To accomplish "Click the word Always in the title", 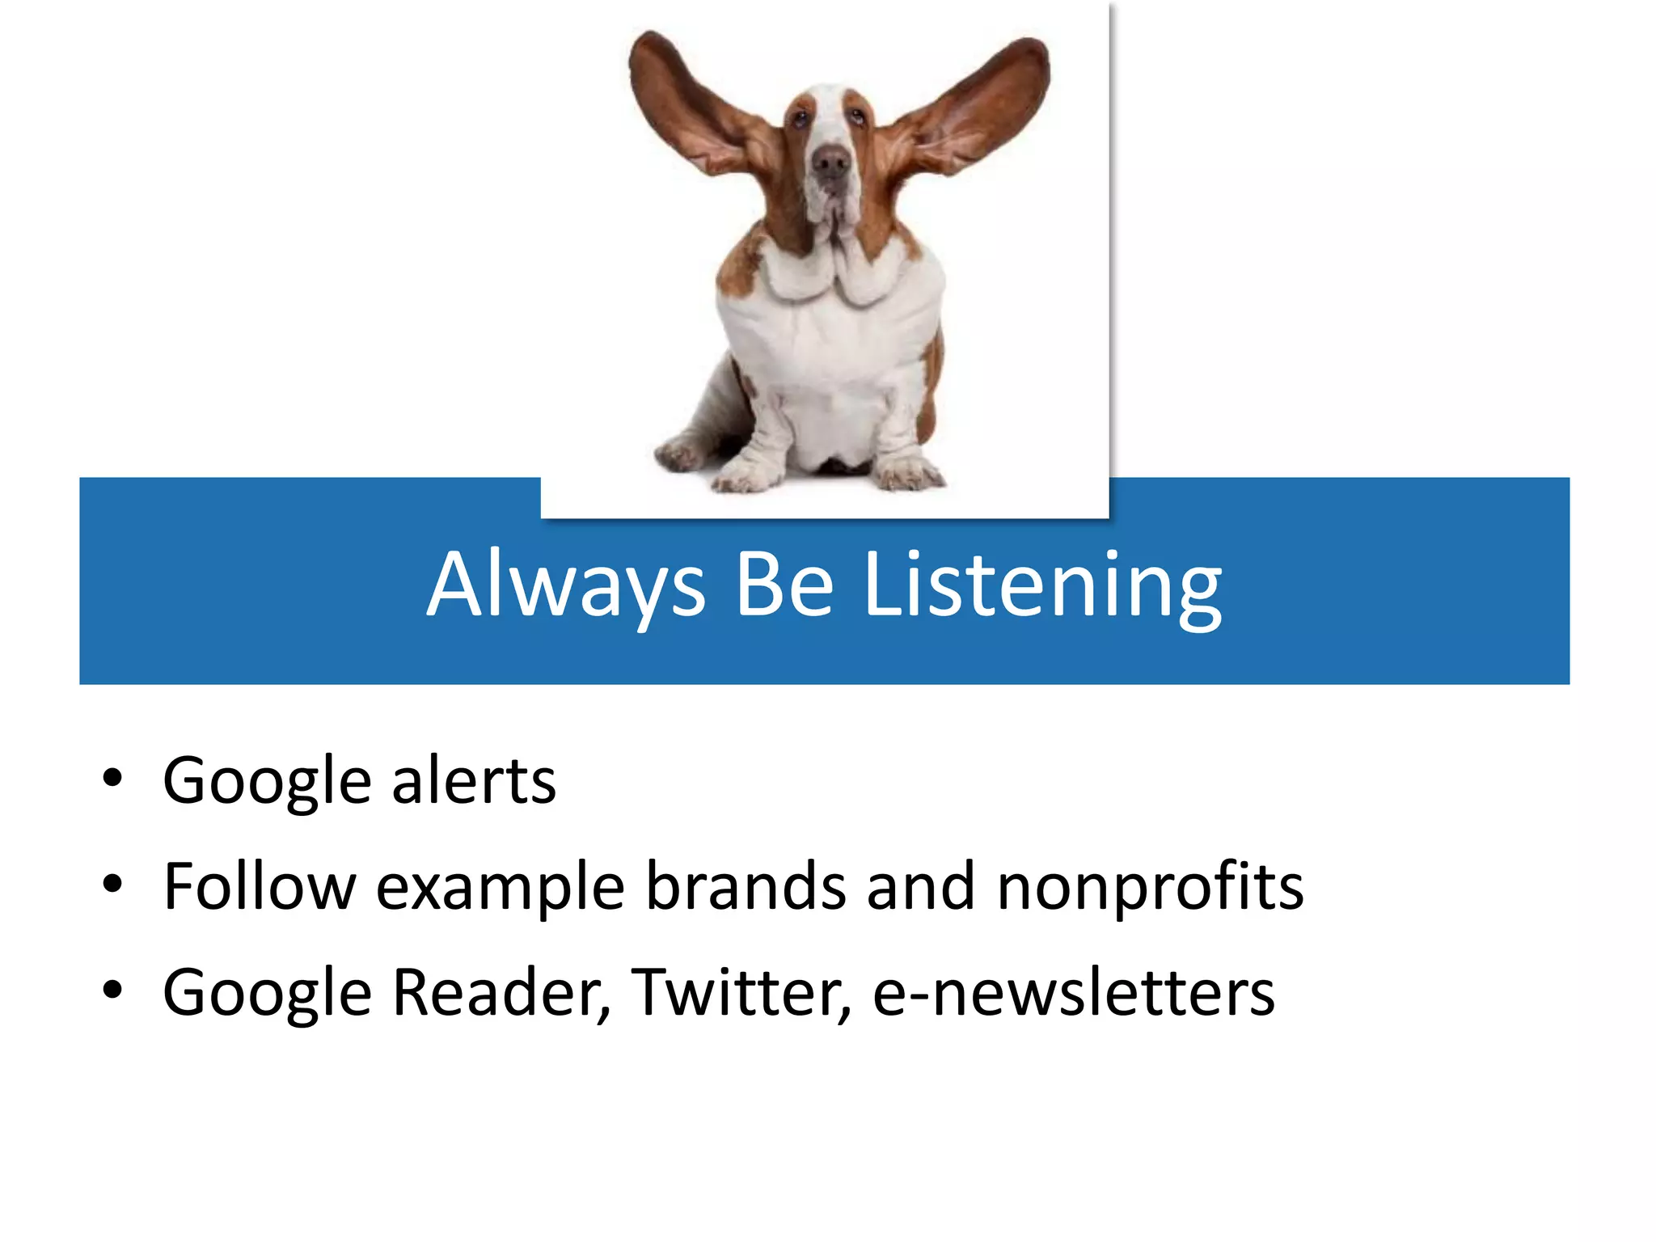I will tap(566, 585).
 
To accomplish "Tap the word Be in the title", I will tap(784, 585).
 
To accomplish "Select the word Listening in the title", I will tap(1043, 585).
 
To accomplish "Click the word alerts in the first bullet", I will tap(474, 781).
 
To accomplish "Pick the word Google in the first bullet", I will tap(267, 781).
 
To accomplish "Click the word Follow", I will tap(259, 887).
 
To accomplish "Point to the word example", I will tap(501, 887).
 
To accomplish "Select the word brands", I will tap(746, 887).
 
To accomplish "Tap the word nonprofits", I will tap(1150, 887).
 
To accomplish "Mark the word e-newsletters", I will tap(1073, 993).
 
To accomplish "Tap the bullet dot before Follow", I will tap(112, 885).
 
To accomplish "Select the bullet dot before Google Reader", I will tap(112, 990).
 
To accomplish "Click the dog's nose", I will tap(830, 163).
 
